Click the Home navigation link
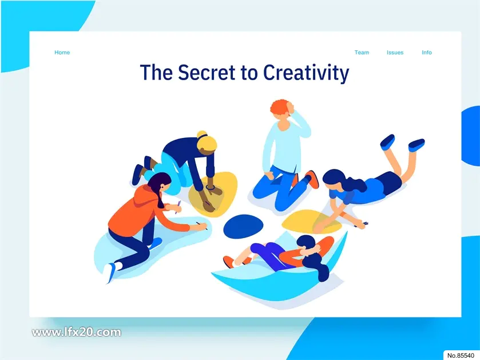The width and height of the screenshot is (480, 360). (x=62, y=52)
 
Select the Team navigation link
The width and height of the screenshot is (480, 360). (x=362, y=52)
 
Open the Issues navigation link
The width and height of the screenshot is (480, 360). (x=395, y=52)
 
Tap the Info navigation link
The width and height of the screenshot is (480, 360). (x=427, y=52)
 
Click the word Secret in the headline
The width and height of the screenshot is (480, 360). (x=207, y=73)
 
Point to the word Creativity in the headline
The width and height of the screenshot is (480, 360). (x=306, y=73)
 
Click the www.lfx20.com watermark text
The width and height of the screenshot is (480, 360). (x=77, y=333)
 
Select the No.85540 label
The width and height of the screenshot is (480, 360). (x=461, y=355)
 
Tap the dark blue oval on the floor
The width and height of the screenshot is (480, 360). (x=243, y=226)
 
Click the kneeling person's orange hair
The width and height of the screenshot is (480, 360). (x=280, y=107)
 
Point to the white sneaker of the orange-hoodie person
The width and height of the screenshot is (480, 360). (x=109, y=272)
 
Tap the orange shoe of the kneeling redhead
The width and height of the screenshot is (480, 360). (x=312, y=179)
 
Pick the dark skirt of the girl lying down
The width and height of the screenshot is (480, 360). (x=390, y=183)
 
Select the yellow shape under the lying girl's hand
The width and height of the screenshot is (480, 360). (x=311, y=221)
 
